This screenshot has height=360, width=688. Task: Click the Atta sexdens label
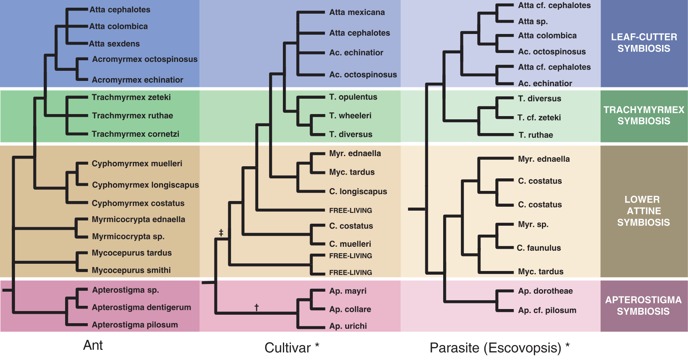(x=115, y=44)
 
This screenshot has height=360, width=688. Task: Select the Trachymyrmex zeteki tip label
(x=131, y=97)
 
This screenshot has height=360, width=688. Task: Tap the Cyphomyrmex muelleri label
(x=137, y=164)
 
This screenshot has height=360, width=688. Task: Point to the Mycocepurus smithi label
(x=131, y=270)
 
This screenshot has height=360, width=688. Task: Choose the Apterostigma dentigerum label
(x=141, y=307)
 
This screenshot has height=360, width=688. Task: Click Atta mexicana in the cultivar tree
(x=357, y=13)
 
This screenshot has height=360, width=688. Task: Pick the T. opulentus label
(x=353, y=97)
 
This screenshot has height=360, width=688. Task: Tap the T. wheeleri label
(x=350, y=116)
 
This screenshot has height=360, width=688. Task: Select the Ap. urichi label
(x=348, y=326)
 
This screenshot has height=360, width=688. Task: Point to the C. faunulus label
(x=539, y=248)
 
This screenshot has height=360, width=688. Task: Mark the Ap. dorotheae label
(x=545, y=291)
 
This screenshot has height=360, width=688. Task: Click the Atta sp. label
(x=533, y=21)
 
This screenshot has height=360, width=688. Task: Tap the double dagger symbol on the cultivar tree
(x=221, y=233)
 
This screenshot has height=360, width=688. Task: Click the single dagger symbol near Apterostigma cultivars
(x=257, y=307)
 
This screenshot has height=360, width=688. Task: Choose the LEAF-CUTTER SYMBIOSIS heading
(x=644, y=43)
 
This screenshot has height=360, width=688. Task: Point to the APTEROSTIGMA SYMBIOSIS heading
(x=643, y=306)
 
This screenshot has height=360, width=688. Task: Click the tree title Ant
(x=93, y=345)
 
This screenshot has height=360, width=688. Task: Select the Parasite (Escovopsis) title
(x=499, y=348)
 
